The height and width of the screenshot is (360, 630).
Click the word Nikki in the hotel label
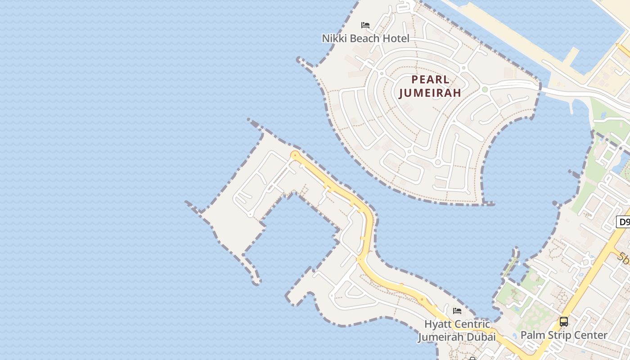334,39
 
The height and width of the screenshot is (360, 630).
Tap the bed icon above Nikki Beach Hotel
365,25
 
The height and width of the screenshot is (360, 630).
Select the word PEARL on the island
430,80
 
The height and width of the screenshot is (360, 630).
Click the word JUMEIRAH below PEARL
430,93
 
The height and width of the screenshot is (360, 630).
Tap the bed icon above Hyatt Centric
457,311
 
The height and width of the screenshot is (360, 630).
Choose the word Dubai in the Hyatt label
481,337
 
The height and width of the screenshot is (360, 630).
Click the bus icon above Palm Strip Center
564,322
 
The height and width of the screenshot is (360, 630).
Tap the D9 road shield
624,222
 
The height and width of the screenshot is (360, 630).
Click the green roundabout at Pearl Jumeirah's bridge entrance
485,90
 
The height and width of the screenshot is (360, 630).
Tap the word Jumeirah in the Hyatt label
441,337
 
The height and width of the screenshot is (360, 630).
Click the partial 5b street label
624,258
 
